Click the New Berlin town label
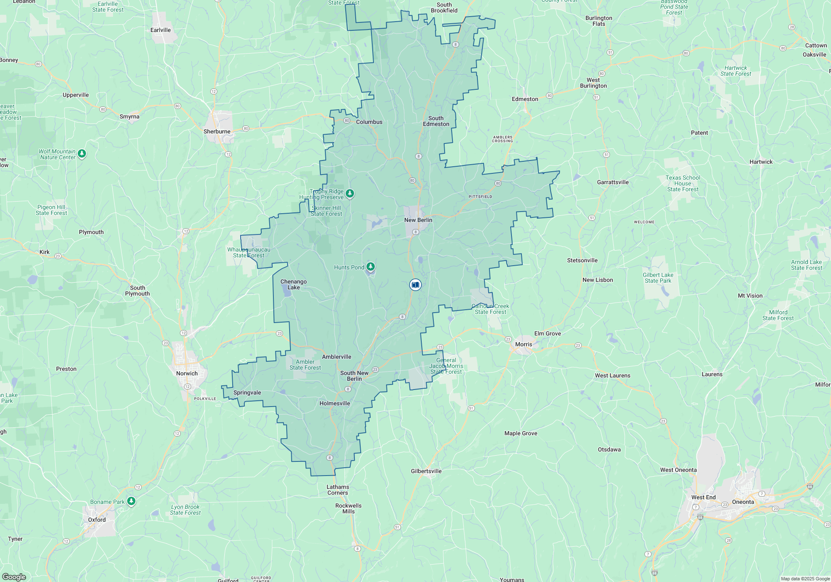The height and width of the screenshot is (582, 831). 418,220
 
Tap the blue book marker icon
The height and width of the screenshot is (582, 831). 415,285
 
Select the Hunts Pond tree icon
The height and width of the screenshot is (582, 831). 370,266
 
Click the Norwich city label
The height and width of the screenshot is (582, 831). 187,373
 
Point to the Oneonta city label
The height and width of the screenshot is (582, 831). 743,502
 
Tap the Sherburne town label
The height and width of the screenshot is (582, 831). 217,131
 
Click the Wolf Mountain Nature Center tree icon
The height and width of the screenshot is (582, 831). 82,154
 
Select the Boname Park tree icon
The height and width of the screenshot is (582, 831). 131,501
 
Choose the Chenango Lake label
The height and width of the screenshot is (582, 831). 293,284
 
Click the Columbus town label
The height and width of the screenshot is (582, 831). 369,122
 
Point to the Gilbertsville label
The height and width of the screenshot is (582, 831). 426,471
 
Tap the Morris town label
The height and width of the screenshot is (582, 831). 524,344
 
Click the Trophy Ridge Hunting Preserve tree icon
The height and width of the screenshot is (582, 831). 350,193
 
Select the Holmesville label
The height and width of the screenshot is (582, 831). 334,403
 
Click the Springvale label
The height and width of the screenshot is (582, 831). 247,392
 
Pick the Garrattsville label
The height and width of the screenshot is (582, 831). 612,182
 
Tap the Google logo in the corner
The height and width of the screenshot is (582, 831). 14,577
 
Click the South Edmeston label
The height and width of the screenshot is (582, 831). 436,121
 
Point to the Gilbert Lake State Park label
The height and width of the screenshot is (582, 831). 658,278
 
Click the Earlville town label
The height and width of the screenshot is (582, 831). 160,30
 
